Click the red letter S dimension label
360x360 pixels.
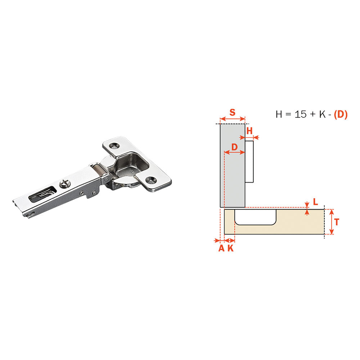[232, 112]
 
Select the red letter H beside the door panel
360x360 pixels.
[249, 131]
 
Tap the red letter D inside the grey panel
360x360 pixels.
[234, 147]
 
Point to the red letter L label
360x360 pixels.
[315, 202]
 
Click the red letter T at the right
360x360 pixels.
[337, 222]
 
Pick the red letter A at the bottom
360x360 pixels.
[221, 248]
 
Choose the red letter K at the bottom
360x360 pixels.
[230, 248]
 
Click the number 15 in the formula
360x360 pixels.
[300, 114]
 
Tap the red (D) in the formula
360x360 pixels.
[341, 114]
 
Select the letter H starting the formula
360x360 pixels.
[279, 114]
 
